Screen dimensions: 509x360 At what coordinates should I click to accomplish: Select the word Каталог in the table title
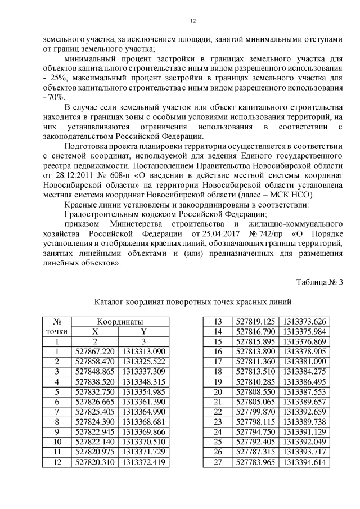(112, 302)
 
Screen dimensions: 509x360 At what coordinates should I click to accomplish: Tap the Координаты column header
(119, 322)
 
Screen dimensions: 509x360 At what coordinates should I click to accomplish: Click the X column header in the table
(95, 331)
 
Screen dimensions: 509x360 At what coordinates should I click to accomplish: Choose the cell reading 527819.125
(256, 322)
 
